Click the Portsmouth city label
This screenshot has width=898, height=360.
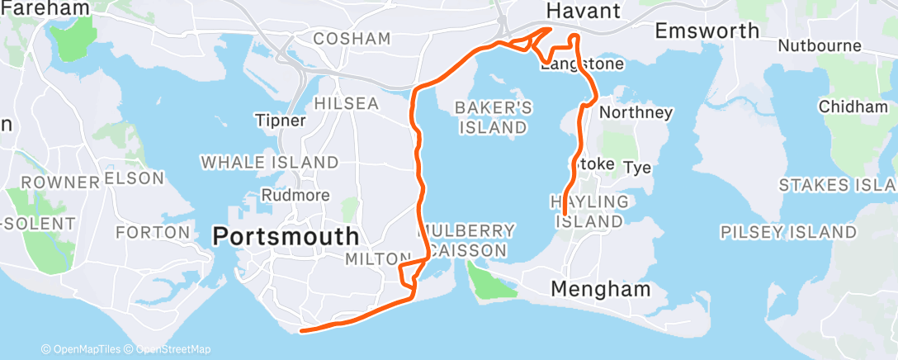coord(286,236)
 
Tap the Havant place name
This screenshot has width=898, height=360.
coord(584,11)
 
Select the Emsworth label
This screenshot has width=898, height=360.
coord(707,31)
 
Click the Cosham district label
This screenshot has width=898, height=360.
coord(352,39)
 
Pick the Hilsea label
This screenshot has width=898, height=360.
coord(347,103)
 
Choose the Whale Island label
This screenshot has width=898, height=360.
coord(269,162)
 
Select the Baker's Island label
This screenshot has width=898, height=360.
coord(494,117)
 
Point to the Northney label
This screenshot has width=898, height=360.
coord(636,111)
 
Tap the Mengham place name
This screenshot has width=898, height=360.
coord(600,290)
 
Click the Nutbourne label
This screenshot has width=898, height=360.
coord(820,45)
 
